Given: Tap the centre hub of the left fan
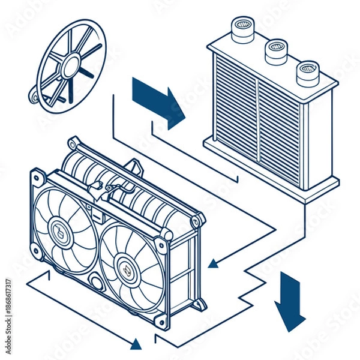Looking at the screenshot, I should tap(59, 228).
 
